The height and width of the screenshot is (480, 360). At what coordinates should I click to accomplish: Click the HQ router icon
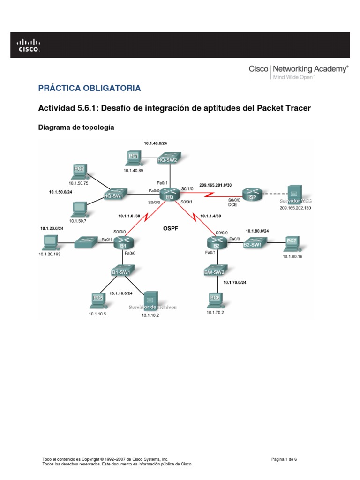pyautogui.click(x=170, y=195)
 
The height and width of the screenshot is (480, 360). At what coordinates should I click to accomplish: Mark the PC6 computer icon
pyautogui.click(x=215, y=299)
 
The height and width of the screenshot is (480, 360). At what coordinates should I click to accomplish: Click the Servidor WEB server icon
pyautogui.click(x=293, y=194)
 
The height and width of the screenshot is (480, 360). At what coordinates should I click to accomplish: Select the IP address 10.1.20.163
pyautogui.click(x=50, y=254)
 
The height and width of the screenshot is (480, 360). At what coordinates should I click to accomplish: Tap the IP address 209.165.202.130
pyautogui.click(x=295, y=207)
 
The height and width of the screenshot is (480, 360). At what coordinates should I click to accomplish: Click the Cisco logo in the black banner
pyautogui.click(x=29, y=45)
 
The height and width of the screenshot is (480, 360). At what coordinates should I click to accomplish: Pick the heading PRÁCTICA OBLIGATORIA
pyautogui.click(x=89, y=88)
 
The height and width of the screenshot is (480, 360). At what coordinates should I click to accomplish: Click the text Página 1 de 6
pyautogui.click(x=284, y=459)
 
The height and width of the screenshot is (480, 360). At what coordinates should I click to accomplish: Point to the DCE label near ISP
pyautogui.click(x=232, y=205)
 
